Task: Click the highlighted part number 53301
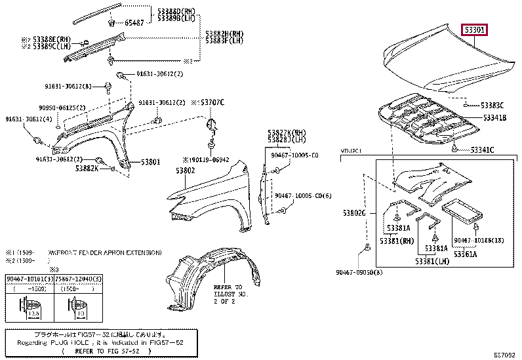(x=475, y=30)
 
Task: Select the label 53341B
(x=494, y=118)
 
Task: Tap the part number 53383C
(x=492, y=105)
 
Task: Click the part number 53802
(x=185, y=170)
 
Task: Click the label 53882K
(x=86, y=169)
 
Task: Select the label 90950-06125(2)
(x=62, y=108)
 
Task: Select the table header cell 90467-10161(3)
(x=27, y=279)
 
